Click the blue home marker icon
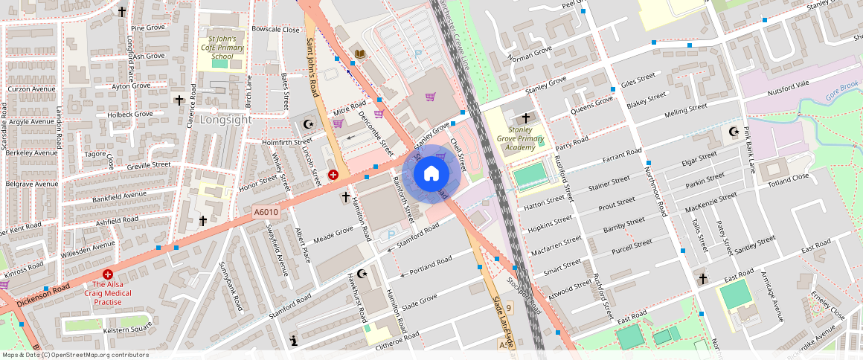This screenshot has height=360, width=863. coord(431,174)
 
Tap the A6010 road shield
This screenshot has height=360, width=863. coord(266,212)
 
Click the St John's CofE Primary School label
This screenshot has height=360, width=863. coord(222,47)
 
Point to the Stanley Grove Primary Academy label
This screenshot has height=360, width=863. coord(520,139)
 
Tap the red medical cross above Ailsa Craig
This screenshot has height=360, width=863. coord(108,274)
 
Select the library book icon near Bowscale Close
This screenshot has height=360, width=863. coord(360,54)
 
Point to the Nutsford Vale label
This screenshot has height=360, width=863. coord(788,90)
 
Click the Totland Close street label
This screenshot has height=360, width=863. coord(788,179)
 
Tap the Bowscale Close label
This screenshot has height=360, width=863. coord(275,29)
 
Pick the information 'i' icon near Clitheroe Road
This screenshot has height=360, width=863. coord(294,341)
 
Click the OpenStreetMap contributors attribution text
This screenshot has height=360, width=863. coord(75,355)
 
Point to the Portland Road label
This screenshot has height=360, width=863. coord(431,266)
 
